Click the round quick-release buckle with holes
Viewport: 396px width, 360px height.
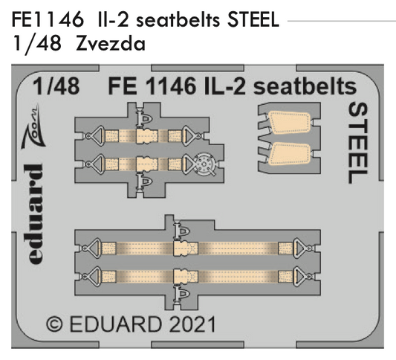(204, 161)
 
